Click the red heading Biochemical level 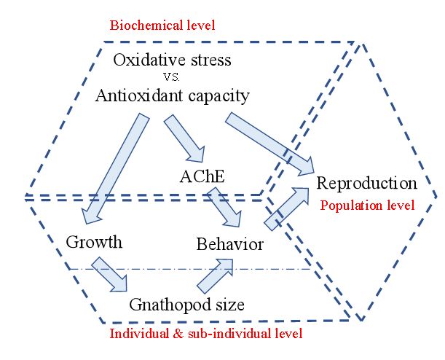[x=162, y=26]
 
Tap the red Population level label [x=367, y=205]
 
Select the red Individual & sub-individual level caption [x=205, y=334]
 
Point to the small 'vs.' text [x=173, y=77]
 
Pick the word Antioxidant [x=139, y=95]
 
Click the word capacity [x=216, y=95]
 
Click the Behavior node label [x=229, y=244]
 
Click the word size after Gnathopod [x=227, y=303]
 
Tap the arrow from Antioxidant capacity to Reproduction [x=269, y=143]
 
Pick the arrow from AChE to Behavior [x=226, y=208]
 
